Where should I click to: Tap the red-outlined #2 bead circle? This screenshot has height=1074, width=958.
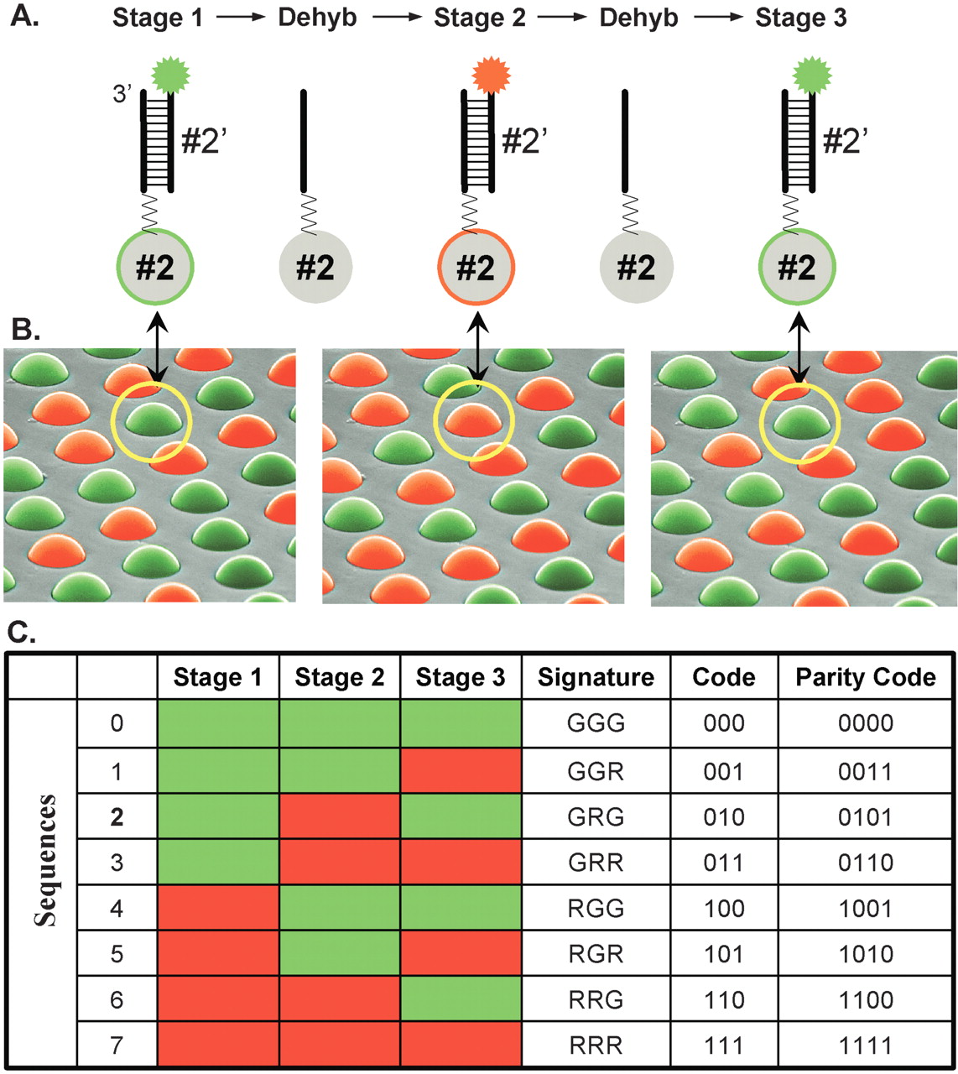tap(476, 267)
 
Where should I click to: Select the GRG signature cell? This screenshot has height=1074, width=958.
tap(596, 816)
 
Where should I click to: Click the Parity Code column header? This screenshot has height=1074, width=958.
tap(866, 677)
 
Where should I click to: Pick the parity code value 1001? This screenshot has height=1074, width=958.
tap(866, 908)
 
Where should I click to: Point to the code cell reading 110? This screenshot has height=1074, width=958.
tap(724, 999)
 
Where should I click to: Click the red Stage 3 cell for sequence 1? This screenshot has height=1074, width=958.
tap(461, 771)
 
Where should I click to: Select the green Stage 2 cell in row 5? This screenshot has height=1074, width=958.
tap(339, 954)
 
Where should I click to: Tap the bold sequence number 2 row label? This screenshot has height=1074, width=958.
tap(117, 816)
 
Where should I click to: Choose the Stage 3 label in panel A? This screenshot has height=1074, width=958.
tap(801, 18)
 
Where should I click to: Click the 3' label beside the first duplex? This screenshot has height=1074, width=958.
tap(122, 94)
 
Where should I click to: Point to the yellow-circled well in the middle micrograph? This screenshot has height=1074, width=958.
tap(473, 420)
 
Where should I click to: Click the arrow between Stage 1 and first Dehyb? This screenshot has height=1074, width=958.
tap(240, 18)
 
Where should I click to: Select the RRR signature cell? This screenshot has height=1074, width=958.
tap(596, 1045)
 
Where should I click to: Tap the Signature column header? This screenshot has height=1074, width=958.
tap(596, 677)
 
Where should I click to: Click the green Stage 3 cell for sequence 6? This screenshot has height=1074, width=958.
tap(461, 999)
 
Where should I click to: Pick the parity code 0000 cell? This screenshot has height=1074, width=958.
tap(866, 723)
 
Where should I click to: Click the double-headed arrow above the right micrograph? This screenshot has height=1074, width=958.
tap(800, 347)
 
